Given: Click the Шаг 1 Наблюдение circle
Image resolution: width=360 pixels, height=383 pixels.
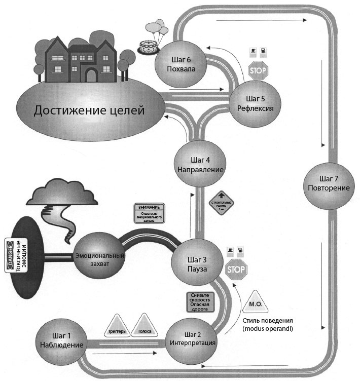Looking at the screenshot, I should pos(60,340).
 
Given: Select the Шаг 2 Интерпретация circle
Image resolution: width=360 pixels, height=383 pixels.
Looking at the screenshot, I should pos(193,338).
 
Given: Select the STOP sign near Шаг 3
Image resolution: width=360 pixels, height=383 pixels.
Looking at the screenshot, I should pos(236,269).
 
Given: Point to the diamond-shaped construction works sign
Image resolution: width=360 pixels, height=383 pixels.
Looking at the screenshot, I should pos(221,204).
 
